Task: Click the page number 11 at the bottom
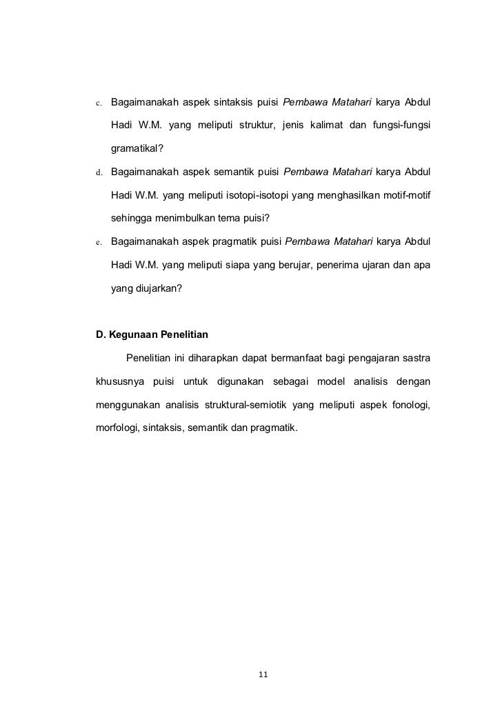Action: [262, 674]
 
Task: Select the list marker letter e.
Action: [99, 242]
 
